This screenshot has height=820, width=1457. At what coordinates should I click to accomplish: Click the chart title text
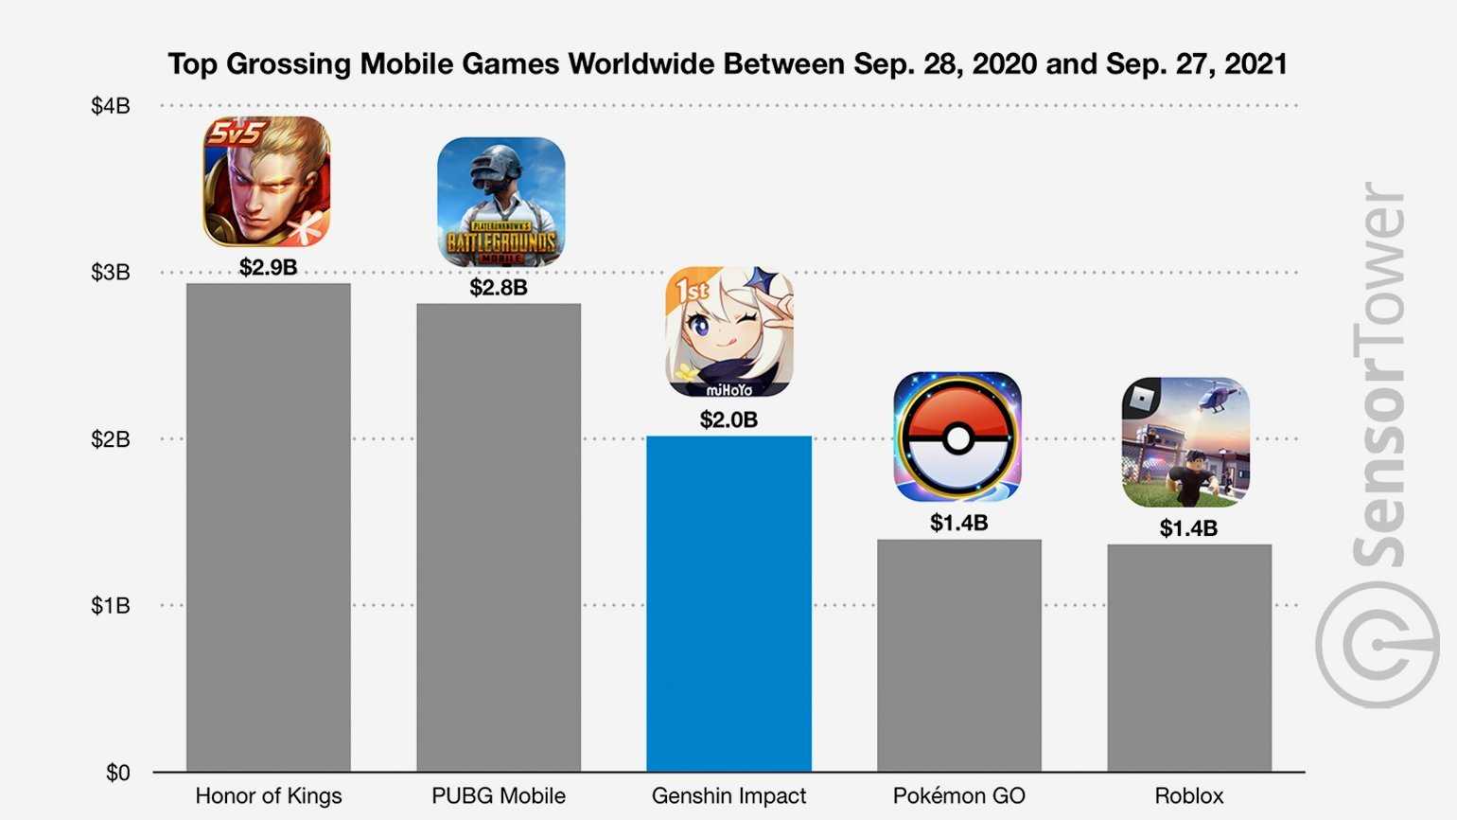pyautogui.click(x=728, y=64)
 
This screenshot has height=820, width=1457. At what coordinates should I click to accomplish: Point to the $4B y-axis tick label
pyautogui.click(x=111, y=106)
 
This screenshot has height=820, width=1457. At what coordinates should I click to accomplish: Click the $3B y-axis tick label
pyautogui.click(x=111, y=273)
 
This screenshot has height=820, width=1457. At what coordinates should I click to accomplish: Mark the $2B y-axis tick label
pyautogui.click(x=111, y=439)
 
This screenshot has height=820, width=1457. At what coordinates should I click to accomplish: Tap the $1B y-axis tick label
pyautogui.click(x=111, y=606)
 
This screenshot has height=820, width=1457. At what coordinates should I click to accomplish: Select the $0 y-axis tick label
pyautogui.click(x=117, y=773)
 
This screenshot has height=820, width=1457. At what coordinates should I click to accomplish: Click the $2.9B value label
pyautogui.click(x=269, y=267)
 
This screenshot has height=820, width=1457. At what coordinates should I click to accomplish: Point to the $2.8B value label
pyautogui.click(x=499, y=287)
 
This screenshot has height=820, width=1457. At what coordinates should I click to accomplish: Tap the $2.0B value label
pyautogui.click(x=728, y=419)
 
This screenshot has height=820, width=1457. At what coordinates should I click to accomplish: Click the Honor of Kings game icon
pyautogui.click(x=267, y=182)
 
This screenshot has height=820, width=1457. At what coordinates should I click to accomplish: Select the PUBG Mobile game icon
pyautogui.click(x=500, y=202)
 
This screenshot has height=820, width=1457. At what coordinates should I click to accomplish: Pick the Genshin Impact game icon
pyautogui.click(x=729, y=331)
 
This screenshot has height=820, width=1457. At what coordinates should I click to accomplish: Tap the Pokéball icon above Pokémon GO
pyautogui.click(x=957, y=437)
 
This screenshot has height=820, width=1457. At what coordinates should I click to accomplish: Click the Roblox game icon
pyautogui.click(x=1185, y=442)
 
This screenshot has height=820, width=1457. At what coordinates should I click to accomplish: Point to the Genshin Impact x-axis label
pyautogui.click(x=728, y=796)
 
